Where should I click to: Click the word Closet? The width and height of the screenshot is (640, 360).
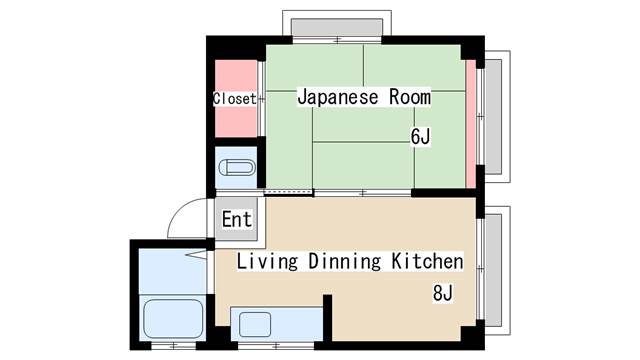[235, 99]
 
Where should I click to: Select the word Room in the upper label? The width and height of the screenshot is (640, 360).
[411, 98]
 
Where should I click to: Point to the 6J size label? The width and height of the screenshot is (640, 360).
[419, 137]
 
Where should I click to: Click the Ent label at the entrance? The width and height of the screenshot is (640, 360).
[237, 219]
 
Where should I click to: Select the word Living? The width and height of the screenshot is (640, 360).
[268, 262]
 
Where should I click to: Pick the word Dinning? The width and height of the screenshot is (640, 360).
[344, 262]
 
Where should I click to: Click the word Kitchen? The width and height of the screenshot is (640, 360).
[427, 262]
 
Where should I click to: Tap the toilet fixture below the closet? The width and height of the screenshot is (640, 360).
[237, 169]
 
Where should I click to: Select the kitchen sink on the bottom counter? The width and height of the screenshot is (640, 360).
[254, 324]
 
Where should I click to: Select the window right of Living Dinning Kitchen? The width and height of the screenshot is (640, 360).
[492, 270]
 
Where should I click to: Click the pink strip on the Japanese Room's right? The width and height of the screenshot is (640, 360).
[470, 125]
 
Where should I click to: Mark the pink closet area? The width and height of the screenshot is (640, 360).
[235, 120]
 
